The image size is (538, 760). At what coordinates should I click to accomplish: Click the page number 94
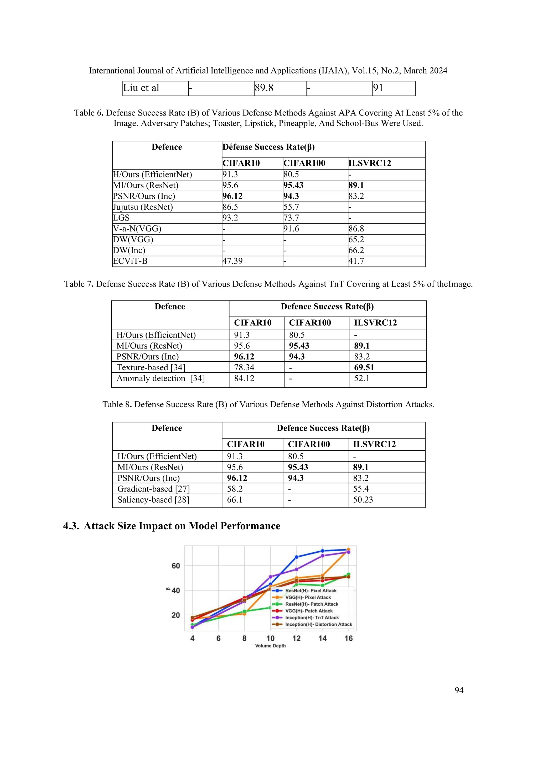[459, 690]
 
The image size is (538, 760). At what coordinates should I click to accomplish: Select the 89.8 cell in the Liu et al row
[264, 88]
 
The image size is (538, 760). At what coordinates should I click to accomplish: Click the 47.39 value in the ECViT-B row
[232, 261]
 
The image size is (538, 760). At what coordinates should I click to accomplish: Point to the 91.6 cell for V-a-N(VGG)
[291, 229]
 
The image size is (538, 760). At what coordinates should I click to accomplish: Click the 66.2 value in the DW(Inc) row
[356, 250]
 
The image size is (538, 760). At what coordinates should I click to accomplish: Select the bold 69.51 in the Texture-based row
[364, 367]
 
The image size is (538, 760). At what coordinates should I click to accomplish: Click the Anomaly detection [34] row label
[161, 378]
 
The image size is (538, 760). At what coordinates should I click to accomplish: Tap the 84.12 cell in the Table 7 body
[244, 378]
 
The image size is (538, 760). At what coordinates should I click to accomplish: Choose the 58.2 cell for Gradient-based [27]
[235, 489]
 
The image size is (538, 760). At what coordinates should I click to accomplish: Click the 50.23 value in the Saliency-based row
[363, 500]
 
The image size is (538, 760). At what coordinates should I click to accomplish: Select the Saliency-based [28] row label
[153, 500]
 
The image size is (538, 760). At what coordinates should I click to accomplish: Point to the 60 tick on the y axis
[175, 566]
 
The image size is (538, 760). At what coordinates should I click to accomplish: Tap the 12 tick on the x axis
[297, 638]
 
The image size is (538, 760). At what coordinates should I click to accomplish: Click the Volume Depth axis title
[270, 646]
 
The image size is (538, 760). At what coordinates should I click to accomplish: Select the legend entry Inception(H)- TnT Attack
[312, 618]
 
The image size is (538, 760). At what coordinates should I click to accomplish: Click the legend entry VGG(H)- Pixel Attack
[308, 598]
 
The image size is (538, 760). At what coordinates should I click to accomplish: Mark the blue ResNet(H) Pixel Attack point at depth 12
[297, 557]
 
